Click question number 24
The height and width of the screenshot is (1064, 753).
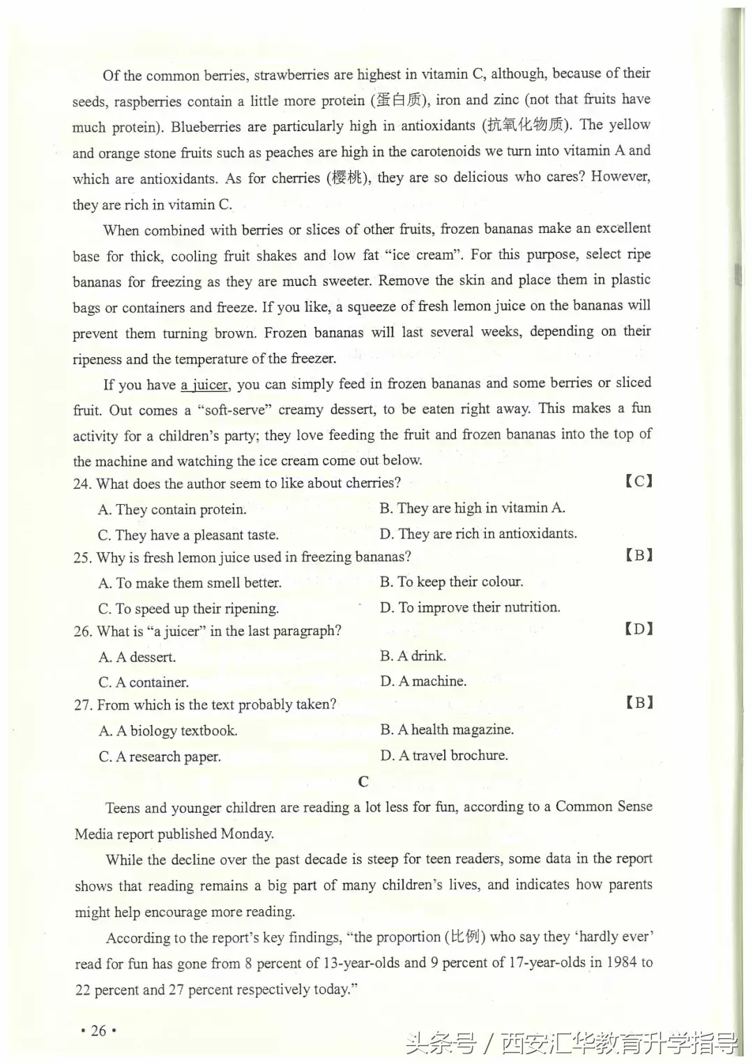(82, 484)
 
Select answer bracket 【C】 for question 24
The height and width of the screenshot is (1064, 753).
(639, 481)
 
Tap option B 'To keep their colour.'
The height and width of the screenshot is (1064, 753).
(451, 582)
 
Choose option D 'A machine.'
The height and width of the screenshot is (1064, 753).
(423, 681)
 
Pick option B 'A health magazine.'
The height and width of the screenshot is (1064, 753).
(447, 730)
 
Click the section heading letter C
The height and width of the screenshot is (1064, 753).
(363, 782)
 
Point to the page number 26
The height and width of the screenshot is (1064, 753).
(98, 1031)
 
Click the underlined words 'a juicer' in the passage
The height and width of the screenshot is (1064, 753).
(204, 385)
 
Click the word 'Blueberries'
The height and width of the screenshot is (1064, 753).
(206, 127)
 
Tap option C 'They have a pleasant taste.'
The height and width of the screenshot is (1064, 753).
(188, 535)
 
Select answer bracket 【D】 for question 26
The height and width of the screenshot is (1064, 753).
(639, 629)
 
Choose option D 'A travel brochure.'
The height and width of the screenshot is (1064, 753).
(444, 755)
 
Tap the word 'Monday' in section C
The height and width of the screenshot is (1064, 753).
(245, 834)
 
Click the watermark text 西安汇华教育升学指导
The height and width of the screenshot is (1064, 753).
(621, 1044)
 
